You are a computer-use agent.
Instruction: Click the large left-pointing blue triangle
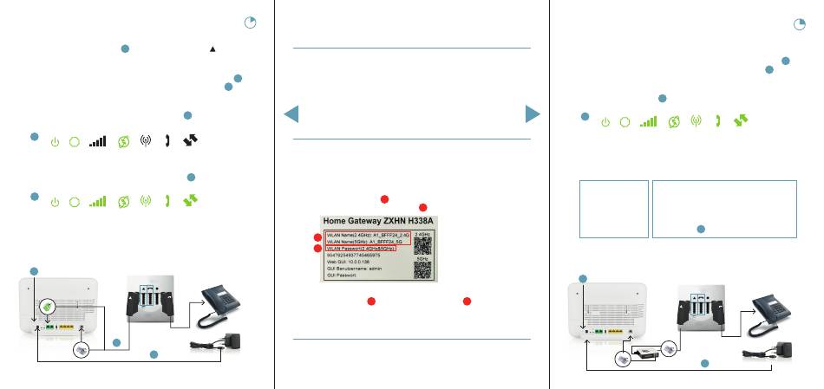point(292,114)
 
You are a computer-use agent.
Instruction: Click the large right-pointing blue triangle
point(532,114)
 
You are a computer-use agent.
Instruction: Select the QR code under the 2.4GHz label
point(423,243)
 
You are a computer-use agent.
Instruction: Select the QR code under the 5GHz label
point(423,269)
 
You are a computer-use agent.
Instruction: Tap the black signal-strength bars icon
point(98,141)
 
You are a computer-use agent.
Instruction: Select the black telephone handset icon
point(165,141)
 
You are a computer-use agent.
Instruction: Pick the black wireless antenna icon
point(145,141)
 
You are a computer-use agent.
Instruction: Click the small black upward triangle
point(212,49)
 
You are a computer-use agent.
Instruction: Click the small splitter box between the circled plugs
point(645,353)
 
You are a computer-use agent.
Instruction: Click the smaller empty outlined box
point(614,209)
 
